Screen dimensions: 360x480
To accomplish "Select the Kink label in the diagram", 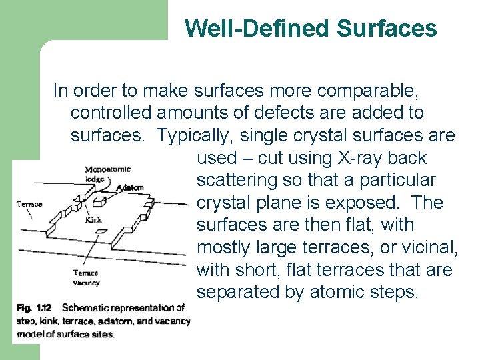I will tap(93, 220).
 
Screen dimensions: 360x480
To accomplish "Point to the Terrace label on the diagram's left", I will tap(29, 204).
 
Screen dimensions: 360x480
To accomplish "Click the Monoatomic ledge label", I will tap(107, 173).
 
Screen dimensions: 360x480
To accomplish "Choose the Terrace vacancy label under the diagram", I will tap(86, 277).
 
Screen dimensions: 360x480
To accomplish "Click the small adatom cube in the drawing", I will tap(101, 200).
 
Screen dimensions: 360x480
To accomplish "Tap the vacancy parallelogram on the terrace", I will tap(101, 231).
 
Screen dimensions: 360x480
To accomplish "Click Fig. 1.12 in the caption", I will tap(34, 308).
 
